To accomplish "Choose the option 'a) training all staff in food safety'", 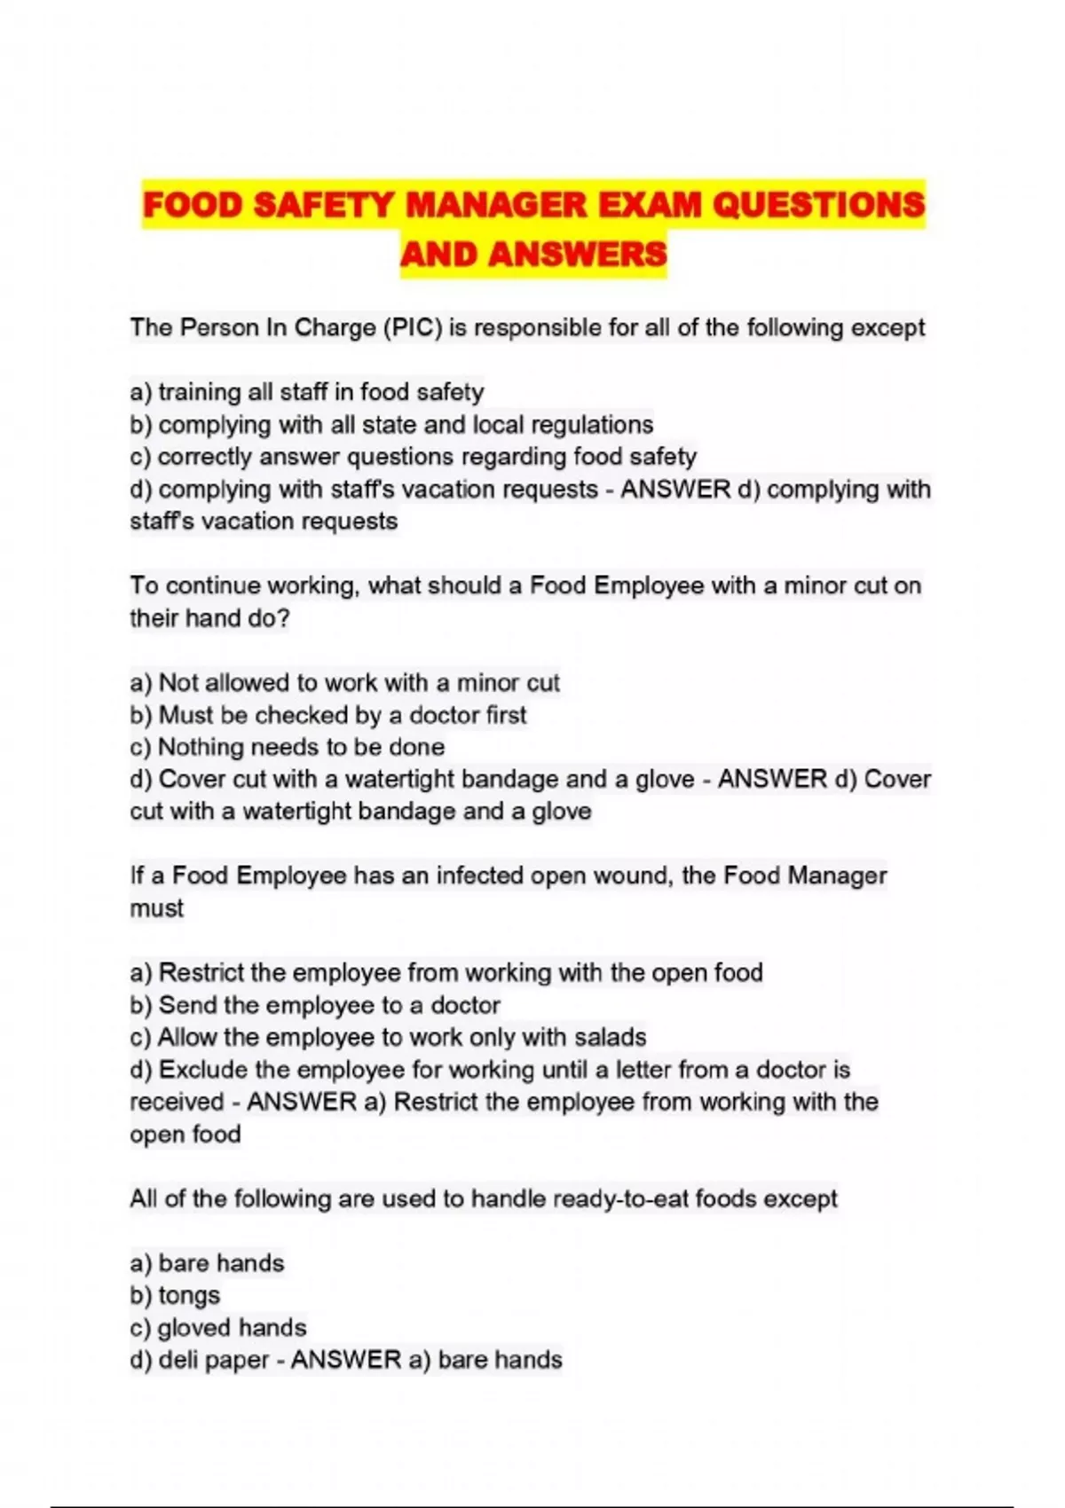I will (307, 392).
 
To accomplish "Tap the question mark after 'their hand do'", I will (284, 618).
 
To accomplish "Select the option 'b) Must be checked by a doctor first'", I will (328, 715).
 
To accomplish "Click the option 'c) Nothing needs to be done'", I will (288, 747).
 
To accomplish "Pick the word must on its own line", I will (157, 908).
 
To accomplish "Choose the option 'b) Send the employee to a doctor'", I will (315, 1005).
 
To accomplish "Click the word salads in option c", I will (610, 1037).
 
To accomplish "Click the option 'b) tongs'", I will (175, 1296).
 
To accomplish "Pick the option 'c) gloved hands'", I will (218, 1328).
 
